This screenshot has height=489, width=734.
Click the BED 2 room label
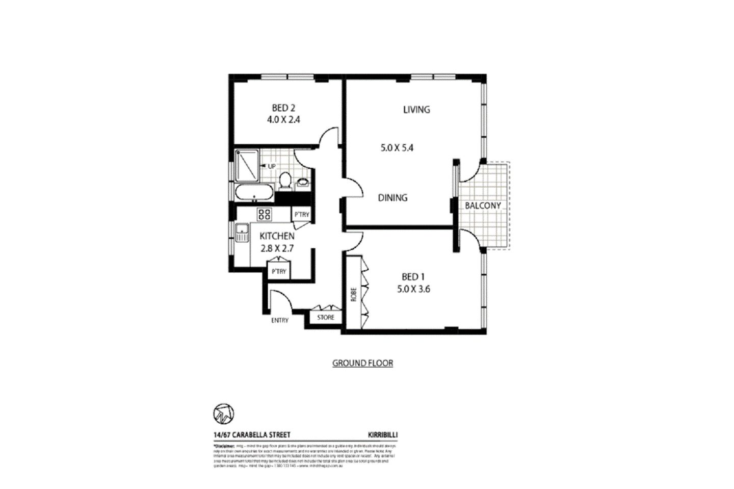point(284,108)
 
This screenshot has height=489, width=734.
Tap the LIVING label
point(416,110)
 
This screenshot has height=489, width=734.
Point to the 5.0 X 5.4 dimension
point(397,148)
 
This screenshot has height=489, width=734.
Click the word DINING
point(392,198)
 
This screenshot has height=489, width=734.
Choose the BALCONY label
point(483,206)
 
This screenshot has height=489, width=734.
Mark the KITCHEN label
point(277,237)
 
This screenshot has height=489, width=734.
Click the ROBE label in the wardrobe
point(353,294)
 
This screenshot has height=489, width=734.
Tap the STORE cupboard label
point(326,318)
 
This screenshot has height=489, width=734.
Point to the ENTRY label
point(280,321)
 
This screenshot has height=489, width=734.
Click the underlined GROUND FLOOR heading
point(362,364)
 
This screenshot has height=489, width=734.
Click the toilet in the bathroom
point(285,181)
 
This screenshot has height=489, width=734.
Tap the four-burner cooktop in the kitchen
point(265,214)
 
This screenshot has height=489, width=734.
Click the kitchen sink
point(241,235)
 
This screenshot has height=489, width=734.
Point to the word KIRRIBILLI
point(382,435)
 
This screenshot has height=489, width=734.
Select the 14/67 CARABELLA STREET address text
point(252,435)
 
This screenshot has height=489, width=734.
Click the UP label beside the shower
point(271,167)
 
